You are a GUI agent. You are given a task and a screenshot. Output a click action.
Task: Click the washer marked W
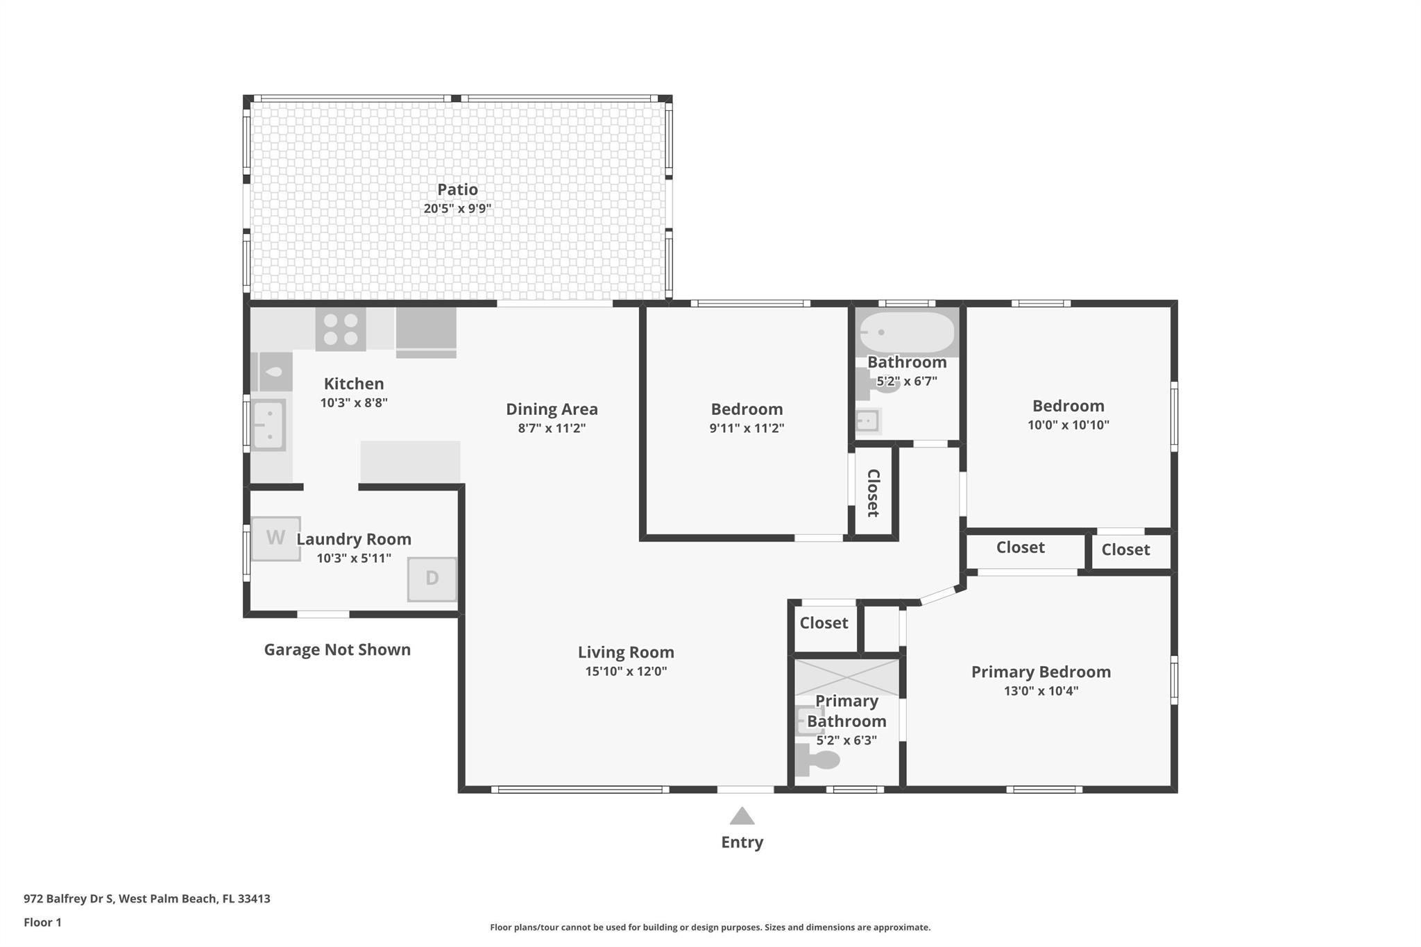coord(275,538)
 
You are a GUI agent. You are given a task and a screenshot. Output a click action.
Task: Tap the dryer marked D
coord(432,579)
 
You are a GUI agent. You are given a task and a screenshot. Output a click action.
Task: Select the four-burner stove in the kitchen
coord(341,329)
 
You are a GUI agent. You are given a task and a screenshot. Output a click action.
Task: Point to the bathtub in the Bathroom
coord(907,332)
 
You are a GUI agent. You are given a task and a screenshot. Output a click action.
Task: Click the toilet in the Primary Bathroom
coord(817,760)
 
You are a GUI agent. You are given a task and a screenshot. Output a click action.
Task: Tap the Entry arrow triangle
coord(742,815)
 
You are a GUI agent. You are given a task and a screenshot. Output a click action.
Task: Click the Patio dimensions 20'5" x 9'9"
coord(458,208)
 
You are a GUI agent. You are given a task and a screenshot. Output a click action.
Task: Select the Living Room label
coord(626,652)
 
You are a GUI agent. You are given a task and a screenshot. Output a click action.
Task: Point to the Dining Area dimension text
coord(552,428)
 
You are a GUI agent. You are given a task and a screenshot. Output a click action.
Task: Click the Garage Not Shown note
coord(337,649)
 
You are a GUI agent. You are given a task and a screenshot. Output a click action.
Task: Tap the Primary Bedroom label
coord(1041,672)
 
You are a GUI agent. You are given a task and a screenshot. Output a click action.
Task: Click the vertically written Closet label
coord(874,493)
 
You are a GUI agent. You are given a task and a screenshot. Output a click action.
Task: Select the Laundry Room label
coord(354,539)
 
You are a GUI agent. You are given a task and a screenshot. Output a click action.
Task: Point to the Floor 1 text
coord(42,922)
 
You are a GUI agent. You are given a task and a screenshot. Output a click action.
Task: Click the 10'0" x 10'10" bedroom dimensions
coord(1069,425)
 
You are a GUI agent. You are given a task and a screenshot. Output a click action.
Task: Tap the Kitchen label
coord(354,384)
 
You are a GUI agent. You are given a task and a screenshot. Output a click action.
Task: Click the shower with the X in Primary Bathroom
coord(846,678)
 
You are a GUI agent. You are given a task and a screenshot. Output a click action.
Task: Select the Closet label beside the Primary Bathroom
coord(824,623)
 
